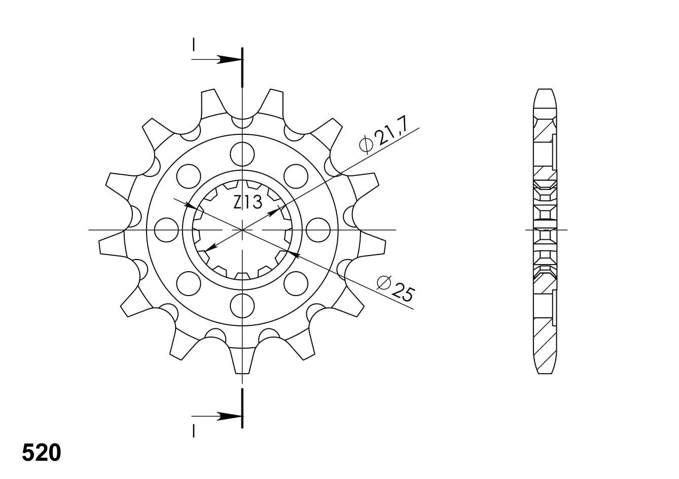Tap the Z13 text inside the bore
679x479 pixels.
point(247,202)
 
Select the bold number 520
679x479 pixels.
point(42,453)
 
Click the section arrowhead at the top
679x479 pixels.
point(230,60)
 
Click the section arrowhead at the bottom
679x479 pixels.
point(230,416)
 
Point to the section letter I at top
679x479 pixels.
point(193,45)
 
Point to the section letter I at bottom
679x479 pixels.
point(193,431)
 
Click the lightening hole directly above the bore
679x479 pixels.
point(242,154)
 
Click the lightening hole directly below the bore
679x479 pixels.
point(242,306)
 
